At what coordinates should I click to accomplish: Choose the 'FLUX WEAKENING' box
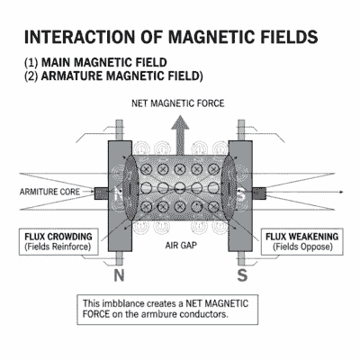pyautogui.click(x=302, y=240)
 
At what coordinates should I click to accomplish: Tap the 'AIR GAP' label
pyautogui.click(x=179, y=243)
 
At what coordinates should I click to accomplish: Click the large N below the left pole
pyautogui.click(x=121, y=272)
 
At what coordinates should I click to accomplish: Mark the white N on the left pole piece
pyautogui.click(x=119, y=192)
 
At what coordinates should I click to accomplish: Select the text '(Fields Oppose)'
pyautogui.click(x=301, y=247)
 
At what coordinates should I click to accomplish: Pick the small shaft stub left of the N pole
pyautogui.click(x=100, y=192)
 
